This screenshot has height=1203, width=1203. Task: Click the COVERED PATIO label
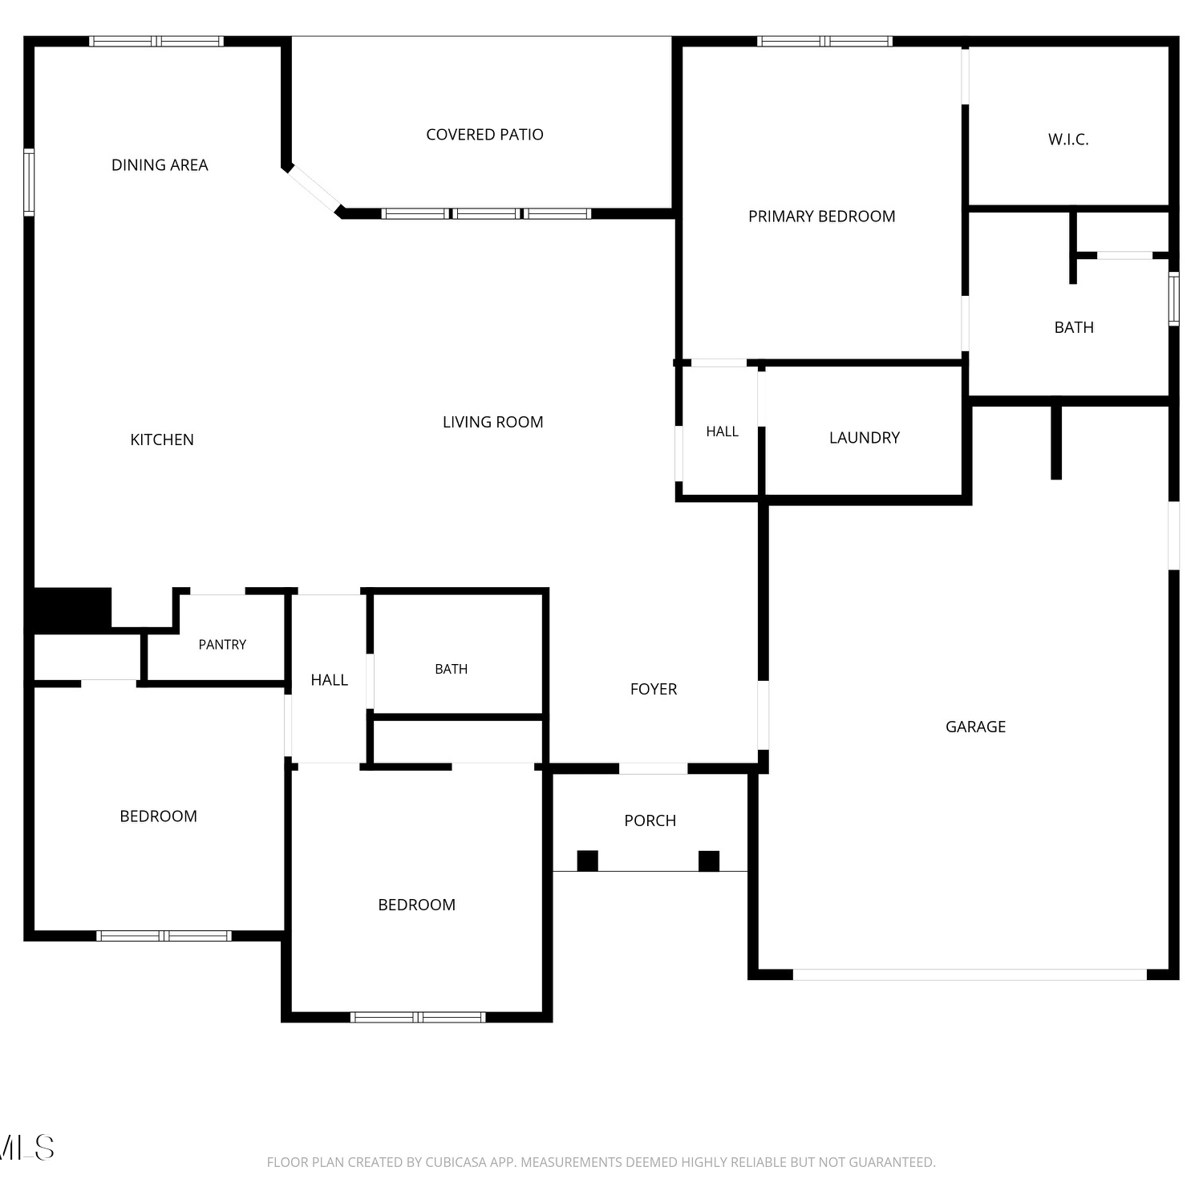coord(484,135)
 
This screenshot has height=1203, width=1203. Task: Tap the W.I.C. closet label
coord(1068,140)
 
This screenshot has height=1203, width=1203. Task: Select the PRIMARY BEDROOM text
coord(821,217)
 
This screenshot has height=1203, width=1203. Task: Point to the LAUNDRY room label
coord(865,438)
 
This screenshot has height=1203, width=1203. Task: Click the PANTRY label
coord(222,645)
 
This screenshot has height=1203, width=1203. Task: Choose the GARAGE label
coord(975,727)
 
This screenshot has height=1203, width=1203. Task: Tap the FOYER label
coord(654,689)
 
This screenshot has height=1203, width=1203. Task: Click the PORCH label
coord(650,820)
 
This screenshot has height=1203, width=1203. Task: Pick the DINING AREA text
coord(160,165)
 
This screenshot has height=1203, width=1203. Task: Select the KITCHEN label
coord(162,439)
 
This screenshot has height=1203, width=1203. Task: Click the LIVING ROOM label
coord(492,422)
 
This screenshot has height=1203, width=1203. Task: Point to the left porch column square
coord(588,861)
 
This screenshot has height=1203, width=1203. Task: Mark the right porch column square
coord(709,861)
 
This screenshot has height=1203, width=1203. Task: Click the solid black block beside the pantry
coord(71,609)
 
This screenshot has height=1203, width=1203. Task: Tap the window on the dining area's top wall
coord(156,41)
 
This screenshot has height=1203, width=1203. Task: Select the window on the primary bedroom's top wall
coord(824,41)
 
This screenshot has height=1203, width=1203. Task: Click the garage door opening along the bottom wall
coord(970,974)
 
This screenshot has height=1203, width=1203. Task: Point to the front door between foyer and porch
coord(653,768)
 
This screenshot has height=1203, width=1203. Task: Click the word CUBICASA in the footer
coord(458,1162)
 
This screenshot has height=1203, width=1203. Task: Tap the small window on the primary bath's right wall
coord(1174,298)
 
